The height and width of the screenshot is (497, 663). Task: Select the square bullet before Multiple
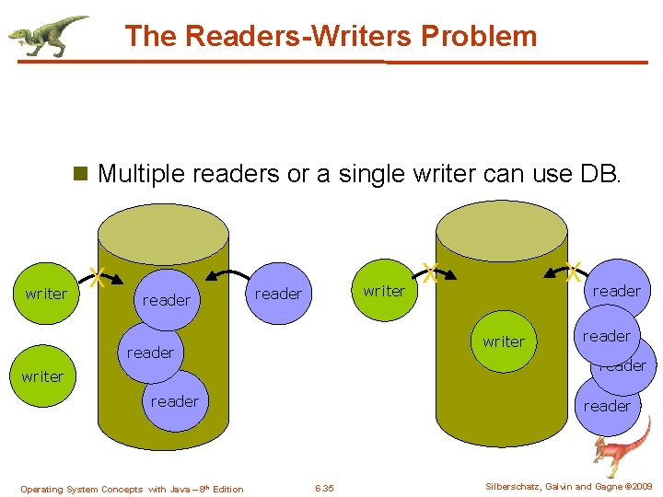[x=80, y=173]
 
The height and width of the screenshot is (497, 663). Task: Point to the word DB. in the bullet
[x=599, y=173]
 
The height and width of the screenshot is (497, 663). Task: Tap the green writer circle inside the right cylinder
[x=504, y=341]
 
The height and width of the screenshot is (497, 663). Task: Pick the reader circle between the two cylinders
[x=278, y=294]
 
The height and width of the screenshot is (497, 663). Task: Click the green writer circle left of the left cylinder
[x=46, y=294]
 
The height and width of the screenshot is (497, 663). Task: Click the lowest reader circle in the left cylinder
[x=174, y=401]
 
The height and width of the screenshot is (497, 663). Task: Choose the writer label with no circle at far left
[x=43, y=376]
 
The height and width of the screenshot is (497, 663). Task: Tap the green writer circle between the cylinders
[x=384, y=291]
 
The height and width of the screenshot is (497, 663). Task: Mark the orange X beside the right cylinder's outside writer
[x=429, y=272]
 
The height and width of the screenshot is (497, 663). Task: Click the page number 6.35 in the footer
[x=324, y=488]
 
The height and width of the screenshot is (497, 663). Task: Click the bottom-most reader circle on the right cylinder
[x=608, y=406]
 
